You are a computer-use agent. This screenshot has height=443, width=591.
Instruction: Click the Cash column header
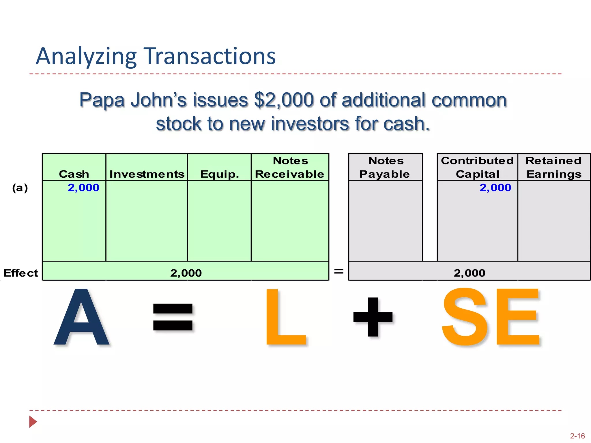click(x=74, y=174)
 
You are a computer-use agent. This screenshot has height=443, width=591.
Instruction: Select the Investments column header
click(x=147, y=174)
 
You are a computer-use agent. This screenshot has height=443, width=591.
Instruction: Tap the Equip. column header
click(x=220, y=174)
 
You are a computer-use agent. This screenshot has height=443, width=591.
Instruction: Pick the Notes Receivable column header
click(x=290, y=167)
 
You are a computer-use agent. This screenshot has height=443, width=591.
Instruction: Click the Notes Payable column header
click(x=385, y=167)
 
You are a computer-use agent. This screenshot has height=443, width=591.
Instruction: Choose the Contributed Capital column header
click(x=477, y=167)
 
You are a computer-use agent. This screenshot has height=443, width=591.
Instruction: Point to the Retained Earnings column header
click(x=554, y=167)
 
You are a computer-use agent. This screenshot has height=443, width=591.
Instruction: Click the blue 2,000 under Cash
click(x=83, y=188)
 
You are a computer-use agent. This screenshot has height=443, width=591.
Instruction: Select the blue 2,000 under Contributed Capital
click(x=495, y=188)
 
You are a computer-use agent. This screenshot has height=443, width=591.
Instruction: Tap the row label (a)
click(x=20, y=188)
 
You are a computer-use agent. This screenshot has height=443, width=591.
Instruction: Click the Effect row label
click(x=20, y=273)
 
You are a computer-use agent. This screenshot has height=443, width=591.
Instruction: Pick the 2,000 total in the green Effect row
click(x=186, y=273)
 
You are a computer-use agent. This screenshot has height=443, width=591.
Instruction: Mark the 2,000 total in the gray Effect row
click(x=470, y=273)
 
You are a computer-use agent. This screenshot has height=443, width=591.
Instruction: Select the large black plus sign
click(x=373, y=317)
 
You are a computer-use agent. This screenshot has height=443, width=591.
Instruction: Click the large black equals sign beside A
click(x=173, y=317)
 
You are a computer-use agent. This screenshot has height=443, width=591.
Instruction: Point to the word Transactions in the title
click(x=210, y=56)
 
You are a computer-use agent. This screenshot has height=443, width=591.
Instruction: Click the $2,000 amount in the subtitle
click(x=284, y=100)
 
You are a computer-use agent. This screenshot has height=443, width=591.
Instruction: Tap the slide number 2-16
click(x=577, y=436)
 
